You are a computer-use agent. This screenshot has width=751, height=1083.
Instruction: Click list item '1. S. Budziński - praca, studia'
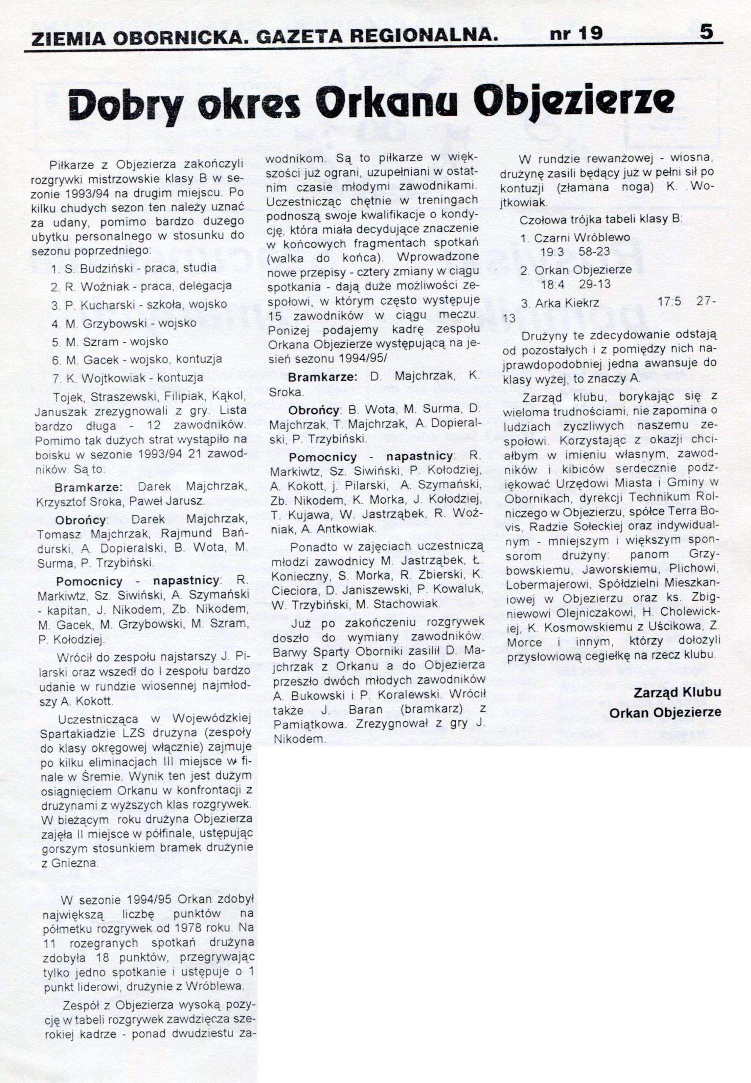pos(134,268)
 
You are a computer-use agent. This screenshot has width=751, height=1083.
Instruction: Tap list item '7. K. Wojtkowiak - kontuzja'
pos(127,378)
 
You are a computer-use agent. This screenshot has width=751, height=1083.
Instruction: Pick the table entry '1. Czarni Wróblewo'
pos(575,238)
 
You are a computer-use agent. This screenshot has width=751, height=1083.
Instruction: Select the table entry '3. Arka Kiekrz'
pos(559,303)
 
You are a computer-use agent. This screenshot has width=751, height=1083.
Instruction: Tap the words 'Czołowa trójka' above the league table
pos(553,220)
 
